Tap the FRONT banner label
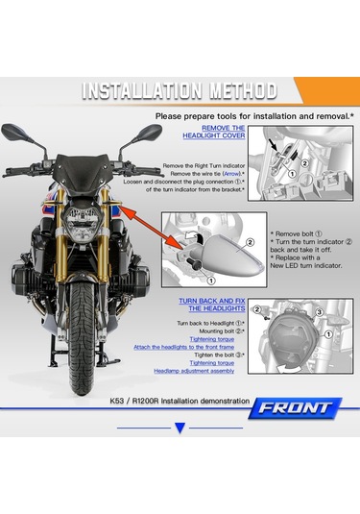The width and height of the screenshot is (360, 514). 297,408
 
